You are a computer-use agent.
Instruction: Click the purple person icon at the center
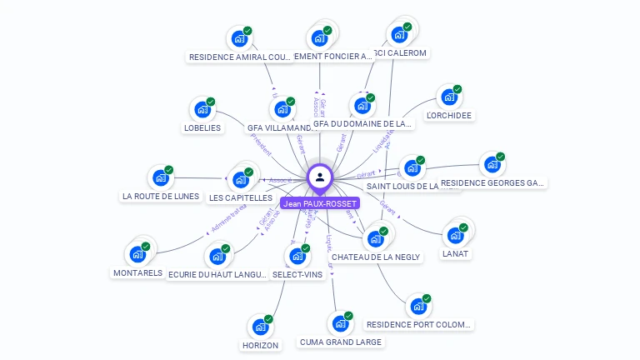(319, 177)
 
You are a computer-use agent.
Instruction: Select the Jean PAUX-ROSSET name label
(320, 203)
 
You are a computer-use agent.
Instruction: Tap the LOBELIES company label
(202, 127)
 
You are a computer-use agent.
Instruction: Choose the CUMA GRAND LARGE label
(340, 342)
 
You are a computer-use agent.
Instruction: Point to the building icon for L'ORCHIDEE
(449, 97)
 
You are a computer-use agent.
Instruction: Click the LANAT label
(455, 253)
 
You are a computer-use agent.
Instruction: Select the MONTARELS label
(137, 272)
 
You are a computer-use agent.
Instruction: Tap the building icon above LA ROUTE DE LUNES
(161, 177)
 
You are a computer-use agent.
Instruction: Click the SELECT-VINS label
(297, 274)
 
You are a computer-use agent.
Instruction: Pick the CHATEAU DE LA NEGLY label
(376, 257)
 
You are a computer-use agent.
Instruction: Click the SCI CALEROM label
(401, 53)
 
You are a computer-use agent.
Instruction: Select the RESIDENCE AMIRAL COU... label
(239, 57)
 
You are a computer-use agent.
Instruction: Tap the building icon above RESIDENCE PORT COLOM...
(418, 306)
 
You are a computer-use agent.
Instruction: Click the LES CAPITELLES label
(241, 197)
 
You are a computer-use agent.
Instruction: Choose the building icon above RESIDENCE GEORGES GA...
(492, 164)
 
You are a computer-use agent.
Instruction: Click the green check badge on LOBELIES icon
(211, 102)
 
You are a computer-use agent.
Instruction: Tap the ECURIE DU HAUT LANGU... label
(217, 274)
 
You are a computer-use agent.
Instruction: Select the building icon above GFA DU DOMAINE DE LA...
(362, 107)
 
